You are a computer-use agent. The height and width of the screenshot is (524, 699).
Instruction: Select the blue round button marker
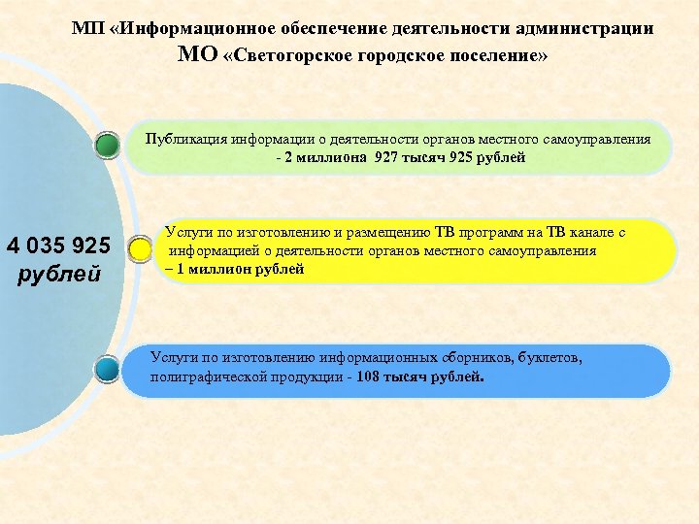tap(108, 369)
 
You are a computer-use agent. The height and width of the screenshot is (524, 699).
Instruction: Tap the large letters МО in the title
tap(198, 54)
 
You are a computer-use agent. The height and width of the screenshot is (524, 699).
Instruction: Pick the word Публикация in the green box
tap(183, 139)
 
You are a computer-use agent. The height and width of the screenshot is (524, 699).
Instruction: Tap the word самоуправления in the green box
tap(599, 139)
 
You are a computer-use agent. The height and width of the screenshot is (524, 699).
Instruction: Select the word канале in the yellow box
tap(588, 233)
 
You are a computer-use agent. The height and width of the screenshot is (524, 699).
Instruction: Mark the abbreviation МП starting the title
tap(85, 29)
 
